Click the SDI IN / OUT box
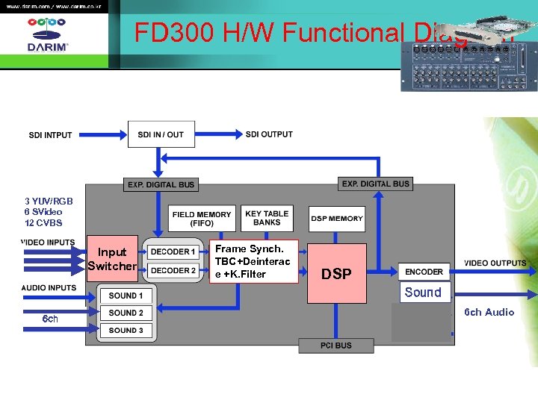click(161, 135)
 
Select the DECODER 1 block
click(173, 252)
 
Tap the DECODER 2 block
click(173, 270)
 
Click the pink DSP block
click(336, 273)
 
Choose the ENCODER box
click(424, 272)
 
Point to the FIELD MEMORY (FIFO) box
click(202, 218)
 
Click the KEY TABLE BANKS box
click(267, 218)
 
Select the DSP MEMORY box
click(336, 219)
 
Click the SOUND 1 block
click(126, 296)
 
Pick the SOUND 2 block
click(126, 313)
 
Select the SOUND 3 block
click(126, 330)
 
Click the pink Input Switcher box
click(112, 259)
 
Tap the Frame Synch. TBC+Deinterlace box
click(253, 261)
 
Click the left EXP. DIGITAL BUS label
click(161, 184)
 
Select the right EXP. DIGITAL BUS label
click(375, 184)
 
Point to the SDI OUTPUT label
click(269, 134)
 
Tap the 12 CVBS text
click(43, 223)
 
